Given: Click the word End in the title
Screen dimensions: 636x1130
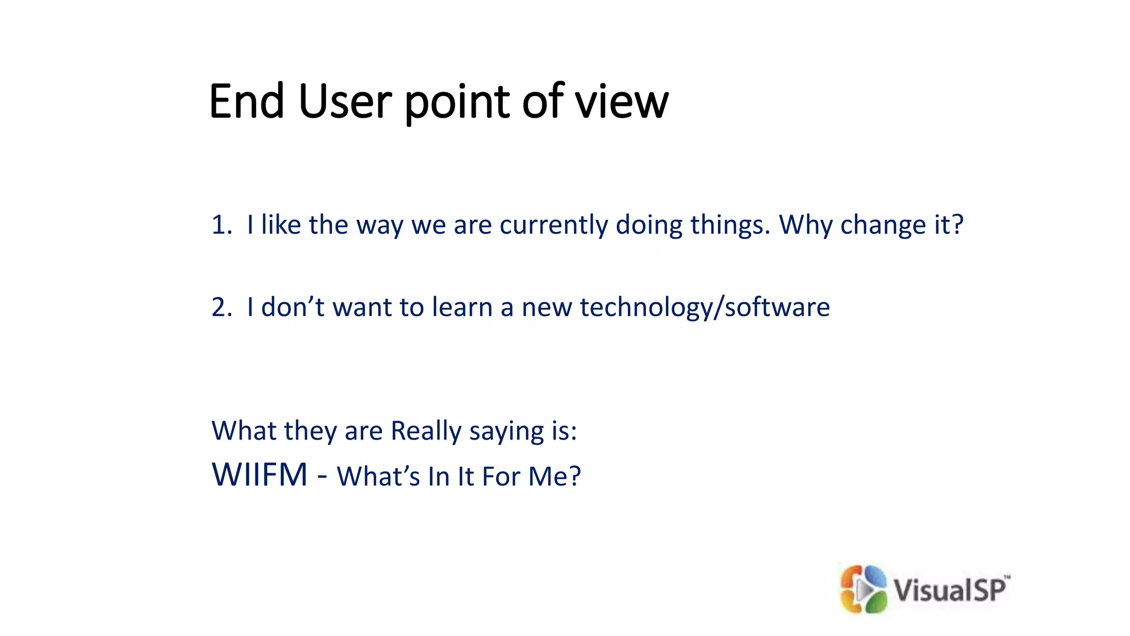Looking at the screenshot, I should click(x=247, y=102).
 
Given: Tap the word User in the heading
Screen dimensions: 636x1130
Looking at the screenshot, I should click(x=345, y=102).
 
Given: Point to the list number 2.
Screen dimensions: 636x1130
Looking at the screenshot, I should click(x=221, y=308).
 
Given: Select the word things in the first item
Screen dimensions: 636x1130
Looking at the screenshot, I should click(x=729, y=225).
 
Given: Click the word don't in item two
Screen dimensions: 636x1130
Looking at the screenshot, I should click(x=292, y=308).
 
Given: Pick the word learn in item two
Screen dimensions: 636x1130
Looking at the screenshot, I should click(x=462, y=308).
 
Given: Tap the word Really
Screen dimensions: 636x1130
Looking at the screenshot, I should click(x=426, y=431).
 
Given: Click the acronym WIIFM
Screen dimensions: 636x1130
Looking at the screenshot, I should click(x=259, y=475).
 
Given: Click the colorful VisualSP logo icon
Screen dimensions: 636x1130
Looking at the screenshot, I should click(x=863, y=589).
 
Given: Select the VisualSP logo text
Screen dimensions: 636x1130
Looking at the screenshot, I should click(x=950, y=590).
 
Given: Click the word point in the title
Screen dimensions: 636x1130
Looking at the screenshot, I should click(x=457, y=102).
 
